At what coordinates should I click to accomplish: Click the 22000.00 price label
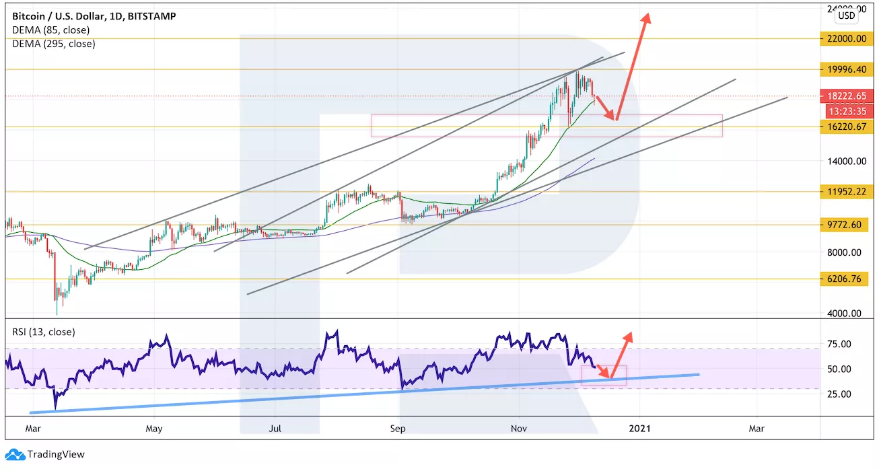847,38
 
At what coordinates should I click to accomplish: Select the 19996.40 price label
847,69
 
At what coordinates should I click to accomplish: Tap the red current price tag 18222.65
847,96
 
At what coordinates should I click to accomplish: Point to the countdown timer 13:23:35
847,112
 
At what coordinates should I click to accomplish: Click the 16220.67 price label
847,127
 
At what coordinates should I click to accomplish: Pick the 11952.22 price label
847,192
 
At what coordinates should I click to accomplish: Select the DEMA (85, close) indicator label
51,30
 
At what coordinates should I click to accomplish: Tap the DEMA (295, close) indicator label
54,44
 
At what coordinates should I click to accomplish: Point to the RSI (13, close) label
44,332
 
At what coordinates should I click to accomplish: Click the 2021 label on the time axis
639,427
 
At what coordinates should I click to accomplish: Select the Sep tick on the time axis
398,427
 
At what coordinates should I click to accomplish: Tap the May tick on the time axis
154,427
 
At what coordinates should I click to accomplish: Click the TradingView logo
45,454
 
